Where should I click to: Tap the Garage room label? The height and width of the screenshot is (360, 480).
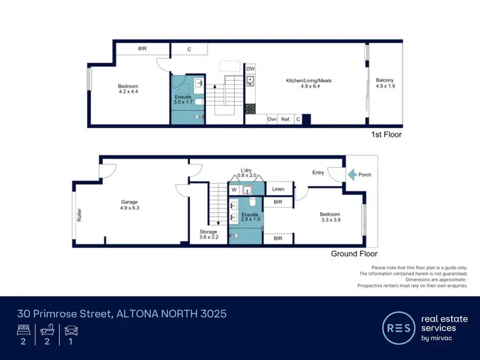pos(129,201)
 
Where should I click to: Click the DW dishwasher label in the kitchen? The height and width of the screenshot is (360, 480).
pos(250,68)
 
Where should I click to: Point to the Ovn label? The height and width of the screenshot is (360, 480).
pos(272,119)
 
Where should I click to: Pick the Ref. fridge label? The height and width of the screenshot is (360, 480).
pos(285,119)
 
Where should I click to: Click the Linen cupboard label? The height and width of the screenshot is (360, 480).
pos(278,189)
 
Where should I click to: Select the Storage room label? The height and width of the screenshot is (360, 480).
pos(208,231)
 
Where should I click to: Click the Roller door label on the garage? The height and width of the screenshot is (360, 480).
pos(79,216)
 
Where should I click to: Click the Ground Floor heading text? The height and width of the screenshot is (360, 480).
pos(354,254)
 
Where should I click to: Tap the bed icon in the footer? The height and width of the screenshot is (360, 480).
pos(24,331)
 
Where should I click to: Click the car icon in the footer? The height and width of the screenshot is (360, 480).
pos(70,331)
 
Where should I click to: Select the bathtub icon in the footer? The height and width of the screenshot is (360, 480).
pos(47,331)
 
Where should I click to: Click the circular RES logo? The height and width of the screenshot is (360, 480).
pos(397,327)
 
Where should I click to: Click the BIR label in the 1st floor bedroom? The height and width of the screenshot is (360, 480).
pos(142,49)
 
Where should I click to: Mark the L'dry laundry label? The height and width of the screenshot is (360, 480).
pos(246,170)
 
